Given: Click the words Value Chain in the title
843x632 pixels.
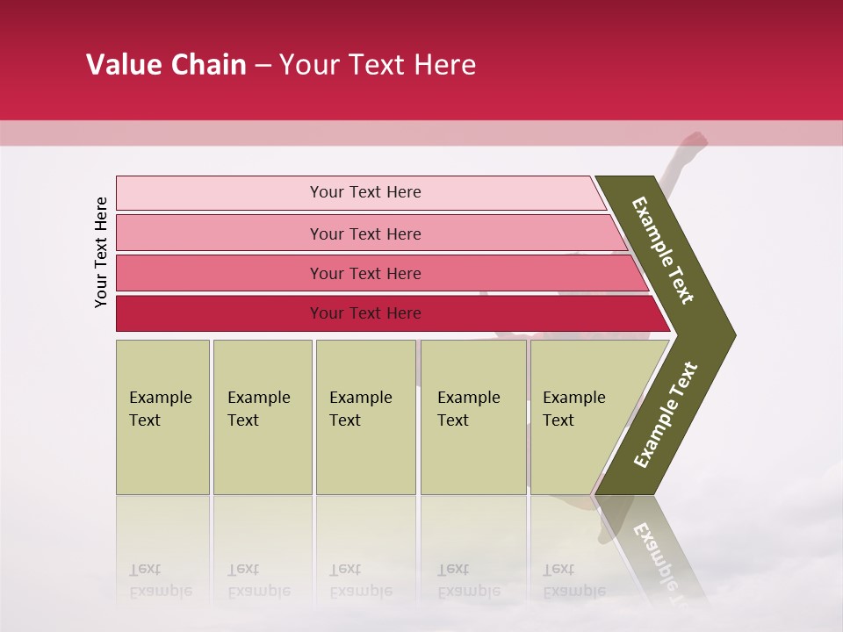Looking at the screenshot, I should coord(166,65).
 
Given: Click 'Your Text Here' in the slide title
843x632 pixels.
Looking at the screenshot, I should coord(378,65).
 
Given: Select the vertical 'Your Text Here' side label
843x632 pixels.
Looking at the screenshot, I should coord(101,252).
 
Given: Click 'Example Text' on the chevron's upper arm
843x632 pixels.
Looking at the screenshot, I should coord(663,250).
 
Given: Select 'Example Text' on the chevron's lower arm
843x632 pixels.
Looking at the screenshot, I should coord(665,414).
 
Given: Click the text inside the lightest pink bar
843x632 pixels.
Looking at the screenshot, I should coord(365,192).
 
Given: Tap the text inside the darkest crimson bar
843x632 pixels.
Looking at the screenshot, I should coord(365,313).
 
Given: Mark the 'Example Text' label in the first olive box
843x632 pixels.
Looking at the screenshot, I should coord(160,409).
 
